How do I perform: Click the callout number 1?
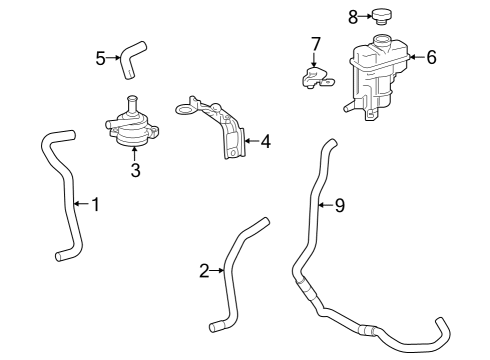(x=95, y=205)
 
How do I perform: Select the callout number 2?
(x=204, y=271)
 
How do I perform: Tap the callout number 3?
(x=136, y=170)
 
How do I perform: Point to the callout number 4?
(x=264, y=141)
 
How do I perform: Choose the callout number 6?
(x=431, y=58)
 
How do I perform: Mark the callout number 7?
(x=315, y=44)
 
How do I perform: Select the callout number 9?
(x=339, y=206)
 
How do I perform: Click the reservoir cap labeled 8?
(x=381, y=16)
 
